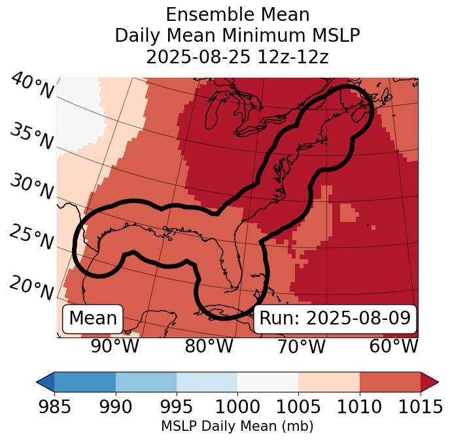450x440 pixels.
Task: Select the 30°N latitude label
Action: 31,187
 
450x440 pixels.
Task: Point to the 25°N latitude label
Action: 31,238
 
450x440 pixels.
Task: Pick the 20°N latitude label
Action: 31,287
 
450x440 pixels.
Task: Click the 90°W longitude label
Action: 115,347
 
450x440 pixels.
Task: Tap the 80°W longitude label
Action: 209,347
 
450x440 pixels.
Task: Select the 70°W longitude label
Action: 301,347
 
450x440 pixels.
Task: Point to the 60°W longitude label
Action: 394,347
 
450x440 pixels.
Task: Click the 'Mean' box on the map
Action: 93,319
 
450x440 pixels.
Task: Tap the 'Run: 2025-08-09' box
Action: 335,319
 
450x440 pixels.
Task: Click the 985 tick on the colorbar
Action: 54,407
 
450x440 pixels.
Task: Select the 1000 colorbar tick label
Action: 237,407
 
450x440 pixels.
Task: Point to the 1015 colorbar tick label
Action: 420,407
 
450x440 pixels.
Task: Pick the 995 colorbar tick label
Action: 177,407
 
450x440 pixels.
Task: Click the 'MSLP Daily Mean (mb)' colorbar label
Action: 237,426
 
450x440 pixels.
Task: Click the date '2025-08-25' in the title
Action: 192,57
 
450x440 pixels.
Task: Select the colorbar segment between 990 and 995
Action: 146,381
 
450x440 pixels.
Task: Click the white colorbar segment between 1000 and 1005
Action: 268,381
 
